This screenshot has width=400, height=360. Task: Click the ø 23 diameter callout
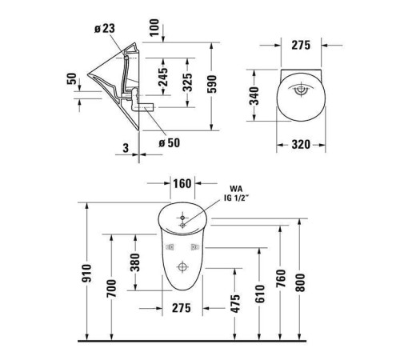pyautogui.click(x=105, y=28)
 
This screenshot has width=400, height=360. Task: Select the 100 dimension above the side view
pyautogui.click(x=154, y=27)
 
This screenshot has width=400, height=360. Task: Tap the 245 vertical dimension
pyautogui.click(x=163, y=78)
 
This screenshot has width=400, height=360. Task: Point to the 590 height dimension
pyautogui.click(x=212, y=84)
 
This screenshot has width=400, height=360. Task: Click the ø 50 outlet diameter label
pyautogui.click(x=170, y=143)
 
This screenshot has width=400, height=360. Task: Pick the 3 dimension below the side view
pyautogui.click(x=126, y=148)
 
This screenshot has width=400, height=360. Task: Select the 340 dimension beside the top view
pyautogui.click(x=254, y=96)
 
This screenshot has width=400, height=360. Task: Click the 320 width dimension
pyautogui.click(x=301, y=145)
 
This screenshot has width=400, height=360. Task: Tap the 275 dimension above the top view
pyautogui.click(x=301, y=46)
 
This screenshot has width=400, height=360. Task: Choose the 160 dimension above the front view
pyautogui.click(x=182, y=184)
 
